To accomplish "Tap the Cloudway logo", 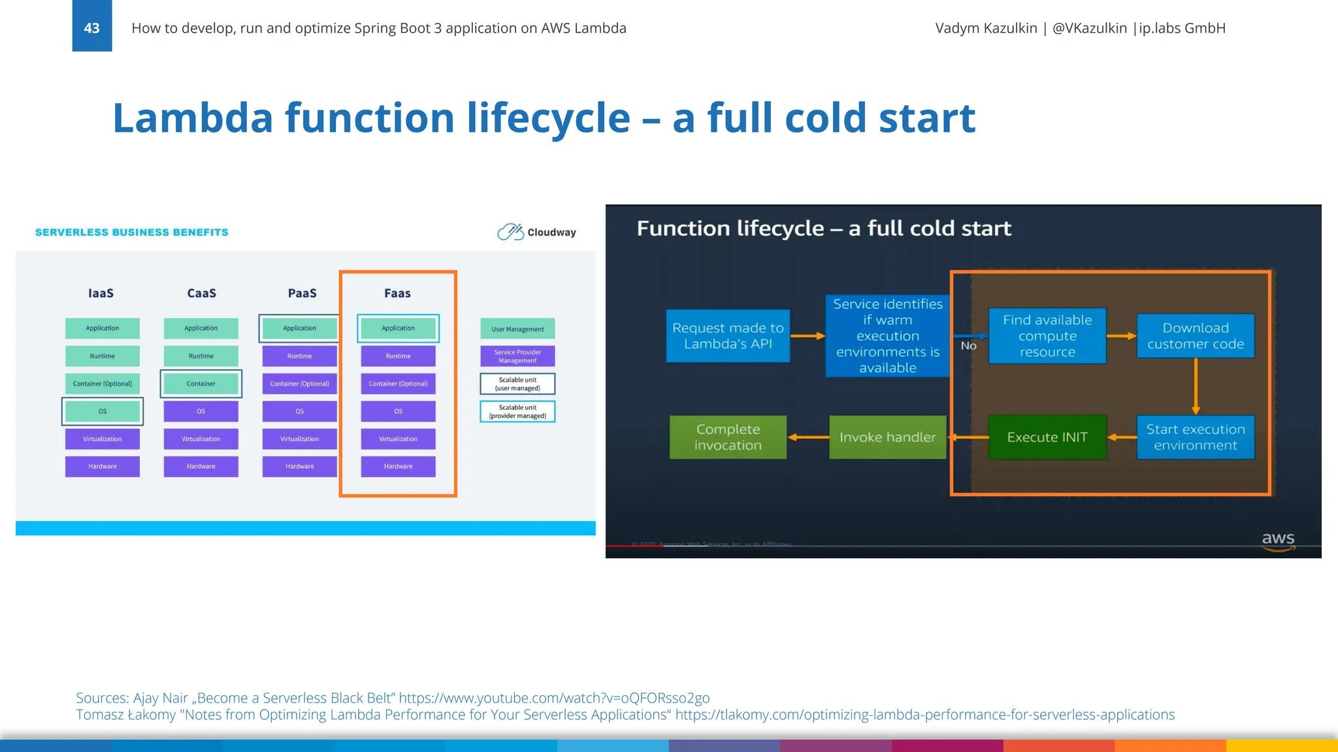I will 536,232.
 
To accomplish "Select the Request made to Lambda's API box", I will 728,336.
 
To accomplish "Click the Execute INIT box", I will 1047,437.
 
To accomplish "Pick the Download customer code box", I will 1195,336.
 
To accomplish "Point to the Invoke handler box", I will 887,437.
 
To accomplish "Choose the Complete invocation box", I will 728,437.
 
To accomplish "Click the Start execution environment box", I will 1195,437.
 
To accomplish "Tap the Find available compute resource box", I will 1047,336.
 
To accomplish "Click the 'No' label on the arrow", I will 968,346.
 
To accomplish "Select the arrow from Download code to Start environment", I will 1196,386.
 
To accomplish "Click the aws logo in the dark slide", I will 1278,540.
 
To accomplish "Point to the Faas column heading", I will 397,293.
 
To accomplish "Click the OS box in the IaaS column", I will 103,411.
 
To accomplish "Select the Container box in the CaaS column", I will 201,384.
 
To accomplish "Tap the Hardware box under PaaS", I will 300,466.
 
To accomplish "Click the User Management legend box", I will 517,329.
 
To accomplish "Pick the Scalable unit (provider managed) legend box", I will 517,411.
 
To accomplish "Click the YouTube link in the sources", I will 554,698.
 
